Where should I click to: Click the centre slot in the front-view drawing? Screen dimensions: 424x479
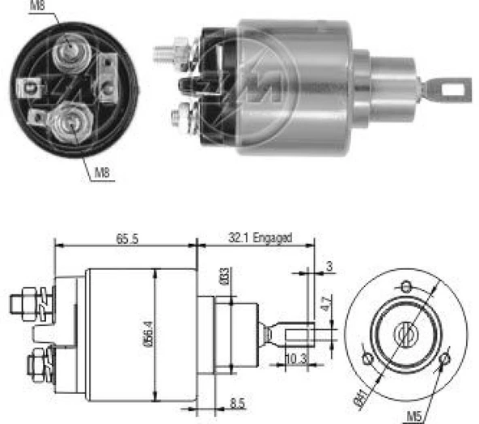pyautogui.click(x=405, y=332)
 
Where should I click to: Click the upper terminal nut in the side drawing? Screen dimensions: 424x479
pyautogui.click(x=26, y=302)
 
